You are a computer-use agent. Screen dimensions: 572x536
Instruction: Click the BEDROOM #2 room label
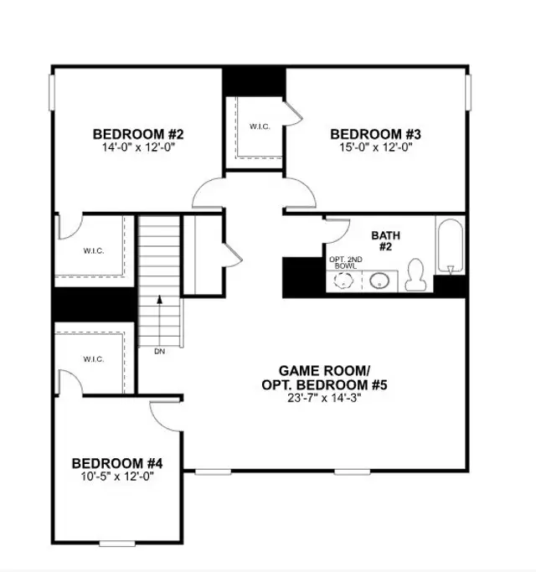pos(137,133)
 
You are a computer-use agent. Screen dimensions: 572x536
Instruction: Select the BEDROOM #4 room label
pos(116,462)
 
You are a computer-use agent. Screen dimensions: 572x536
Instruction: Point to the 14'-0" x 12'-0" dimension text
pos(137,147)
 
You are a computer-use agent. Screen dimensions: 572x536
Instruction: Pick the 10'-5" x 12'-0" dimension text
pos(116,476)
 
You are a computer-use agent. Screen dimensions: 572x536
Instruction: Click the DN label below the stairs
pos(159,352)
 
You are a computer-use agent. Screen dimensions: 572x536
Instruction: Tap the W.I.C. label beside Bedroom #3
pos(259,127)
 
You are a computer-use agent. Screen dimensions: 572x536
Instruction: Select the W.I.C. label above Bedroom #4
pos(93,359)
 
